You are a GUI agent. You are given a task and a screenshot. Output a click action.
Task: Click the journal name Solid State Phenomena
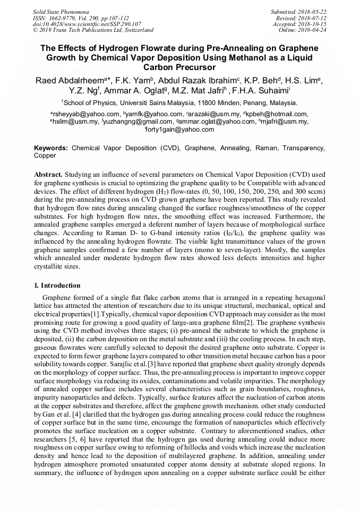[61, 11]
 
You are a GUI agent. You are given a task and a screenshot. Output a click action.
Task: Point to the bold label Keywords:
[51, 148]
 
